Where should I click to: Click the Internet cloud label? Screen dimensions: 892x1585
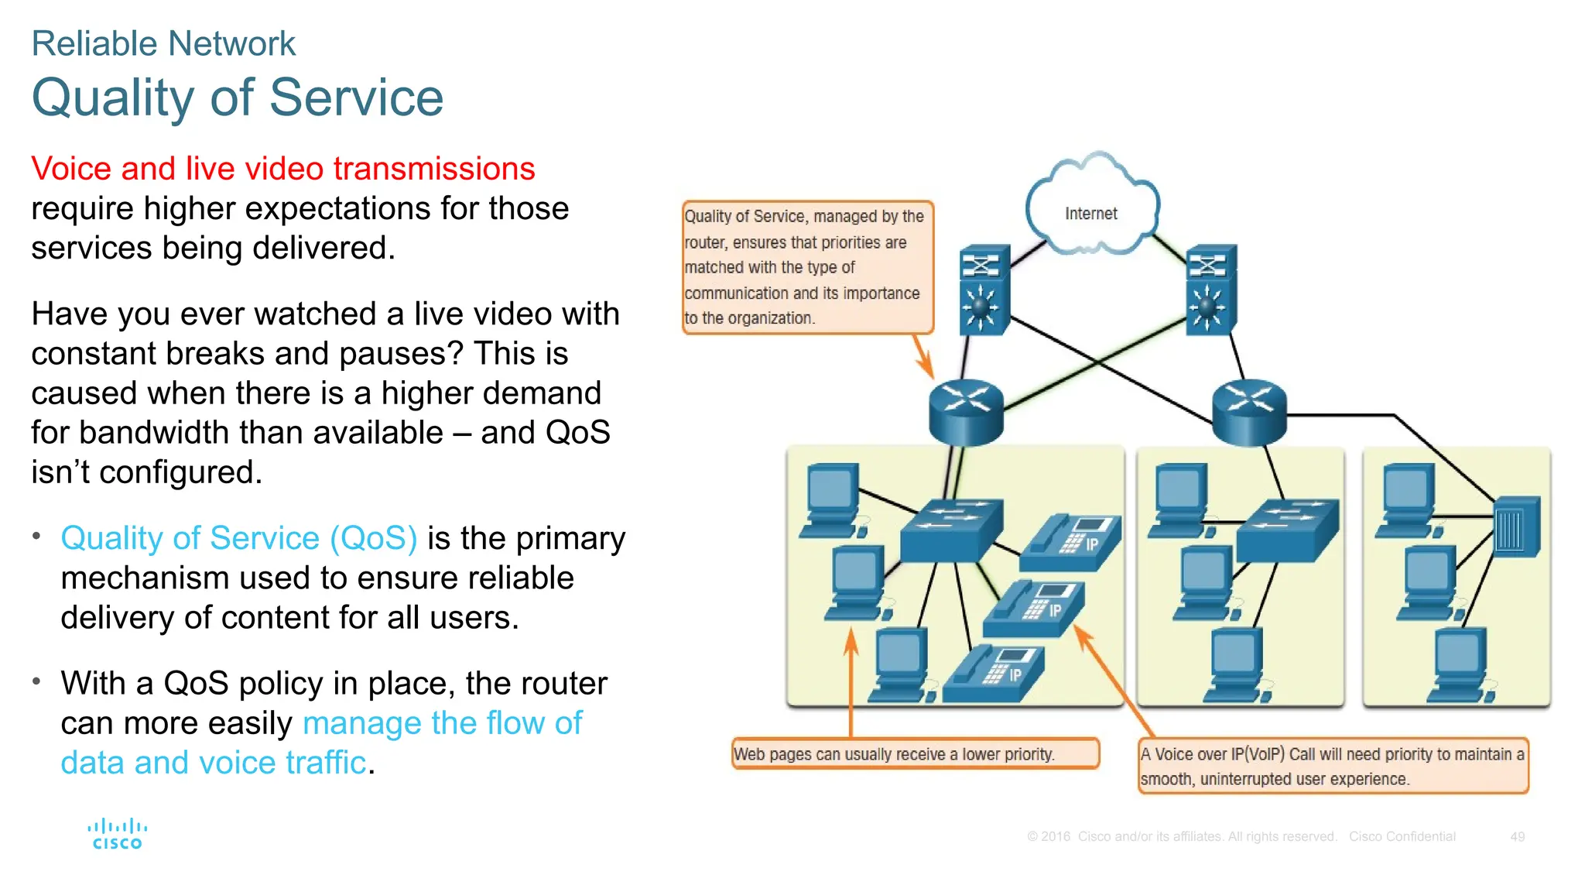[x=1090, y=214]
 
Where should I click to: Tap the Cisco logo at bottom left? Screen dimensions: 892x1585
[x=117, y=835]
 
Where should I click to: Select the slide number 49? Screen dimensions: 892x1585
[x=1517, y=837]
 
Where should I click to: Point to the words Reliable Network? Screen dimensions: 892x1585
[x=163, y=44]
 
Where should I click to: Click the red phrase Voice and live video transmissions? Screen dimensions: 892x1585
[x=282, y=169]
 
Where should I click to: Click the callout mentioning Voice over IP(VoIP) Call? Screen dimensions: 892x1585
[x=1332, y=766]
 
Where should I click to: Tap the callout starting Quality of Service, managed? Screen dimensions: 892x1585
[x=806, y=267]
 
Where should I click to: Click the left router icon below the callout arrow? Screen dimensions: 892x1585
[x=965, y=410]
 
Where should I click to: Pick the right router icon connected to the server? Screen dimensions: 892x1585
[x=1248, y=410]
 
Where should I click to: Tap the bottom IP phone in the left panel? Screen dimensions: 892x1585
[x=995, y=674]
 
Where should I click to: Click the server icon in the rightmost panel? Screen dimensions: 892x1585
[x=1515, y=527]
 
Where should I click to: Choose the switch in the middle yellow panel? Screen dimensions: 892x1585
[x=1287, y=530]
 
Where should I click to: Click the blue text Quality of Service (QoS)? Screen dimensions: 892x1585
[x=239, y=538]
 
